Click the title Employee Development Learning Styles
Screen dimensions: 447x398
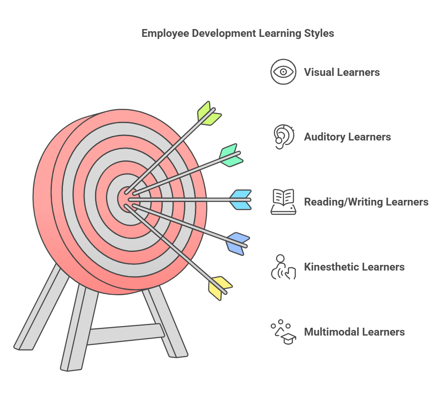click(238, 33)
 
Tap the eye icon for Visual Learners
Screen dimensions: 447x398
click(283, 72)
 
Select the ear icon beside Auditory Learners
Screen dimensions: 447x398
click(283, 137)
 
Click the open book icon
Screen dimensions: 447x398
click(283, 202)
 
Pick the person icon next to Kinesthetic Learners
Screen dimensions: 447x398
click(283, 267)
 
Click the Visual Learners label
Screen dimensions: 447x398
click(342, 72)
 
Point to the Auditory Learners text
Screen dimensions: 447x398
click(347, 137)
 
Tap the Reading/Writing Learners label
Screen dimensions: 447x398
click(366, 202)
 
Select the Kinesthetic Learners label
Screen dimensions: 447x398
click(355, 267)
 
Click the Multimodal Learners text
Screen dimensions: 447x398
click(355, 332)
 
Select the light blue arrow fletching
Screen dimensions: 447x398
click(240, 200)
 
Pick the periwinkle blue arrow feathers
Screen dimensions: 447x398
click(238, 244)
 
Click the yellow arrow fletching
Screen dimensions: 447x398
click(220, 288)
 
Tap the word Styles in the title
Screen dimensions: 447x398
click(319, 34)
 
